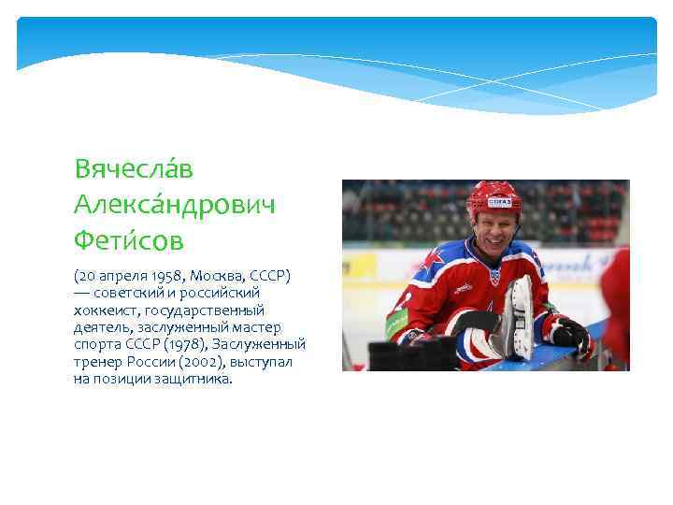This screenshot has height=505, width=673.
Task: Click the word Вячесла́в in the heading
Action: [x=134, y=169]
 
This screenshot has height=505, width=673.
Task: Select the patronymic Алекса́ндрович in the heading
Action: [x=175, y=205]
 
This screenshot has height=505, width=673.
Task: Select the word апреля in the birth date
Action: [x=120, y=276]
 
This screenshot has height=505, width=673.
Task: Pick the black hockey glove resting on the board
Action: [x=569, y=334]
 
